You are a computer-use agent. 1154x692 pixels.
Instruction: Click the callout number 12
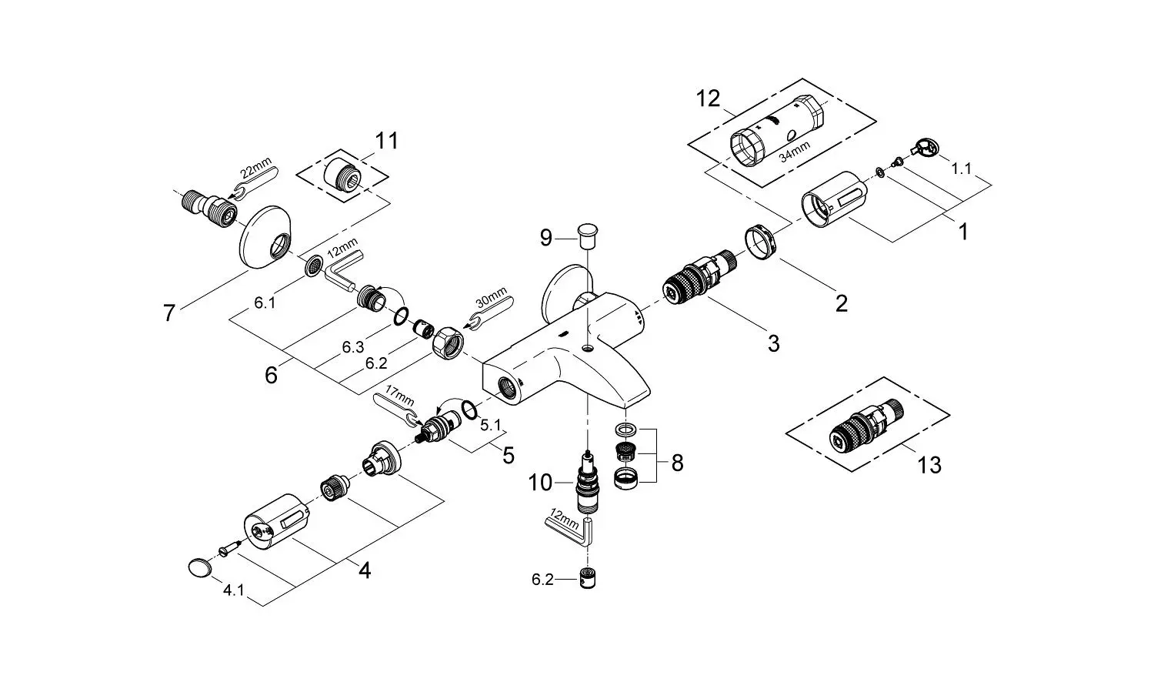coord(708,99)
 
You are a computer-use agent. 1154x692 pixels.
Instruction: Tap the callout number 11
coord(386,141)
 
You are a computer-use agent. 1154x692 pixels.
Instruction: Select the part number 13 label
coord(929,465)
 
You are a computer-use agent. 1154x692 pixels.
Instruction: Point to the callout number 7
coord(169,313)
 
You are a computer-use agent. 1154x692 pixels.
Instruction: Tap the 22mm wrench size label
coord(255,169)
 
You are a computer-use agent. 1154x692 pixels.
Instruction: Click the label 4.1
coord(233,590)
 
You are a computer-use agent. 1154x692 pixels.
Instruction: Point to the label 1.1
coord(961,169)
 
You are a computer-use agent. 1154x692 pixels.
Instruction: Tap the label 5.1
coord(490,425)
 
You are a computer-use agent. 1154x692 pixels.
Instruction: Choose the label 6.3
coord(353,348)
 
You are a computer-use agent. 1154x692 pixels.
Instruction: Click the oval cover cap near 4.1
coord(200,568)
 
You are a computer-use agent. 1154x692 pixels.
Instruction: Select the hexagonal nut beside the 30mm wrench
coord(448,343)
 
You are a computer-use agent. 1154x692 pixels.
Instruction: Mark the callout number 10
coord(540,483)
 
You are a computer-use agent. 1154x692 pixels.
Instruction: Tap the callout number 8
coord(678,463)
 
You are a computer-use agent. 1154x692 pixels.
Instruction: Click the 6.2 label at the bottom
coord(542,580)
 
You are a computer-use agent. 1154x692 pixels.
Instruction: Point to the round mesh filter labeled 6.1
coord(313,266)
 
